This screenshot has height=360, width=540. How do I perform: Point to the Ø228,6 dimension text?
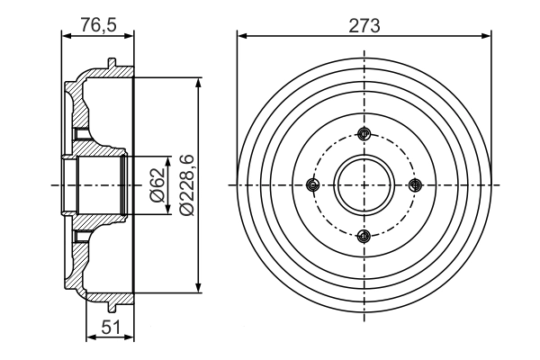(186, 184)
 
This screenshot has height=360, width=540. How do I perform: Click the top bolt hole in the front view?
(364, 135)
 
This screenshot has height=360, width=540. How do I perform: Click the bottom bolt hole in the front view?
(364, 236)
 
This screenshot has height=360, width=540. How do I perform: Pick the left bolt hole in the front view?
(313, 185)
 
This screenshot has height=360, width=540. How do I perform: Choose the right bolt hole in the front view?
(414, 185)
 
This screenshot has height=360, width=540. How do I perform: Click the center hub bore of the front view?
(364, 185)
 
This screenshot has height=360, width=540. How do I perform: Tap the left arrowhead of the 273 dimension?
(241, 36)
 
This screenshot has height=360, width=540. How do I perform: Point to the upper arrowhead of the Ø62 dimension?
(167, 159)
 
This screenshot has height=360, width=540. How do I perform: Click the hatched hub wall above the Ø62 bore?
(94, 144)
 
